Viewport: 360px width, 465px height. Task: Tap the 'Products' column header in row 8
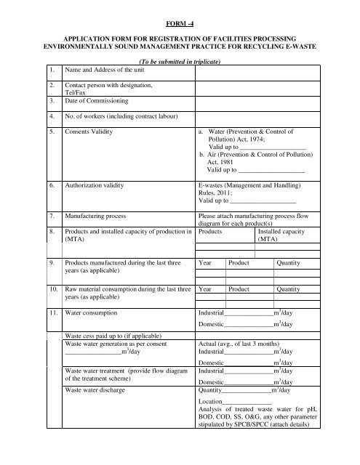210,230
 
